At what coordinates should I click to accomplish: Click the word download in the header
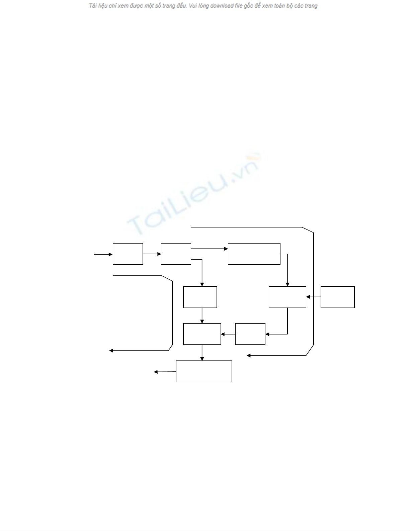[x=221, y=6]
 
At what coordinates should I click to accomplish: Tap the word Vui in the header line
[x=193, y=6]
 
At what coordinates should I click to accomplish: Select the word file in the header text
[x=238, y=6]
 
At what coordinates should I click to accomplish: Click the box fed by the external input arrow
[x=128, y=254]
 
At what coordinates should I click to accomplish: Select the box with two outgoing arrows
[x=176, y=254]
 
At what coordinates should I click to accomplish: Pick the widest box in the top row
[x=254, y=254]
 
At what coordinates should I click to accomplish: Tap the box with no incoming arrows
[x=337, y=297]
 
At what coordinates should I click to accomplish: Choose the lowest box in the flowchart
[x=204, y=371]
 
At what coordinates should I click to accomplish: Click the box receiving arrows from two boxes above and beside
[x=202, y=334]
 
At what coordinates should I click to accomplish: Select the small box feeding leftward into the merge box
[x=250, y=334]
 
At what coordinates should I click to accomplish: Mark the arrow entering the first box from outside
[x=103, y=254]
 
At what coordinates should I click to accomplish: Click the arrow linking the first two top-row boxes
[x=152, y=254]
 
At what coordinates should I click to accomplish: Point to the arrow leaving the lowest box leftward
[x=165, y=372]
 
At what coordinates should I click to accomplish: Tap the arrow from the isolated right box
[x=313, y=297]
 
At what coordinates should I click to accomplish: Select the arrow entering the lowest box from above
[x=202, y=353]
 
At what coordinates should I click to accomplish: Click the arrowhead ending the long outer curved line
[x=249, y=355]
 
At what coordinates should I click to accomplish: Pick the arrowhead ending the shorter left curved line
[x=111, y=351]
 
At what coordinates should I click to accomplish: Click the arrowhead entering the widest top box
[x=226, y=249]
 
